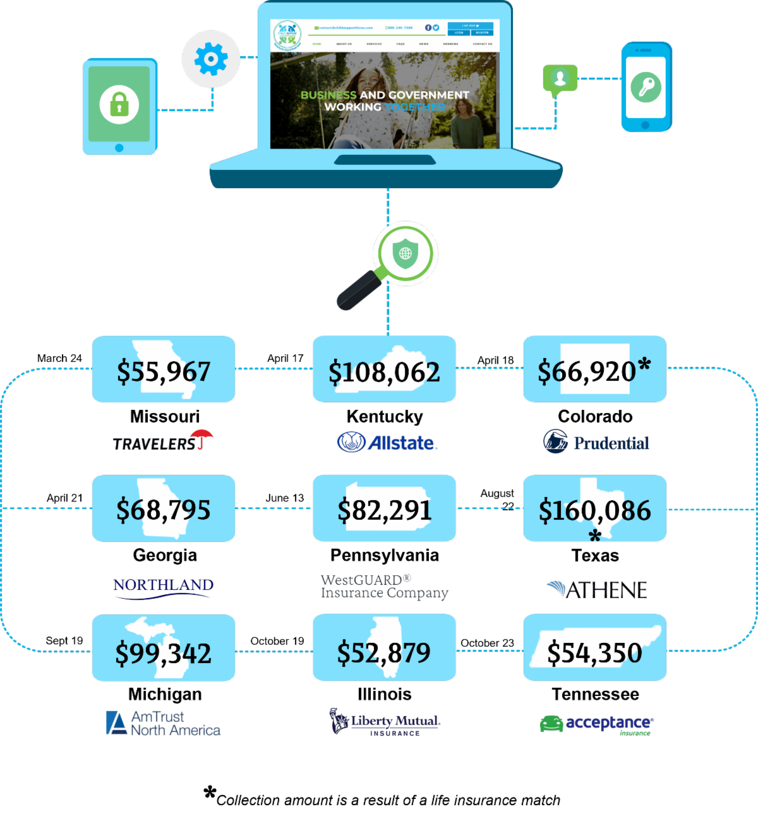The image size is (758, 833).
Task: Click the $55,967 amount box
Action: coord(164,369)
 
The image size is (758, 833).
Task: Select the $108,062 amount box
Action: coord(384,369)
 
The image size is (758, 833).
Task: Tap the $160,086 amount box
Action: coord(594,509)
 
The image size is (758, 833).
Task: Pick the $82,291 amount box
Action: coord(384,509)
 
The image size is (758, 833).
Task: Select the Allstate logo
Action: coord(387,442)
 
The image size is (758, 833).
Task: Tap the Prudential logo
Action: coord(596,442)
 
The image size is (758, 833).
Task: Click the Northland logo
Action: coord(164,587)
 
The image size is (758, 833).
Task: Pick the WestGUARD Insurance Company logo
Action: coord(384,587)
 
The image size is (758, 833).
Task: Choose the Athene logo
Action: coord(597,590)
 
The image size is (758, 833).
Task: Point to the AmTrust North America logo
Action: coord(163,723)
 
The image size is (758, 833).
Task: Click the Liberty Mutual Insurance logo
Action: coord(385,722)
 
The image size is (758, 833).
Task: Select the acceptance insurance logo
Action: coord(596,724)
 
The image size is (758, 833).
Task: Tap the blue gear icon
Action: coord(211,59)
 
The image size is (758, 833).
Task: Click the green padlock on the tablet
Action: coord(119,104)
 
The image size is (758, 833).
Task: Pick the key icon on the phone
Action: coord(646,87)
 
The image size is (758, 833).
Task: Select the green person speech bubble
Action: coord(560,79)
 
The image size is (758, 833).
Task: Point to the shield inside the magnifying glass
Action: coord(405,253)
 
